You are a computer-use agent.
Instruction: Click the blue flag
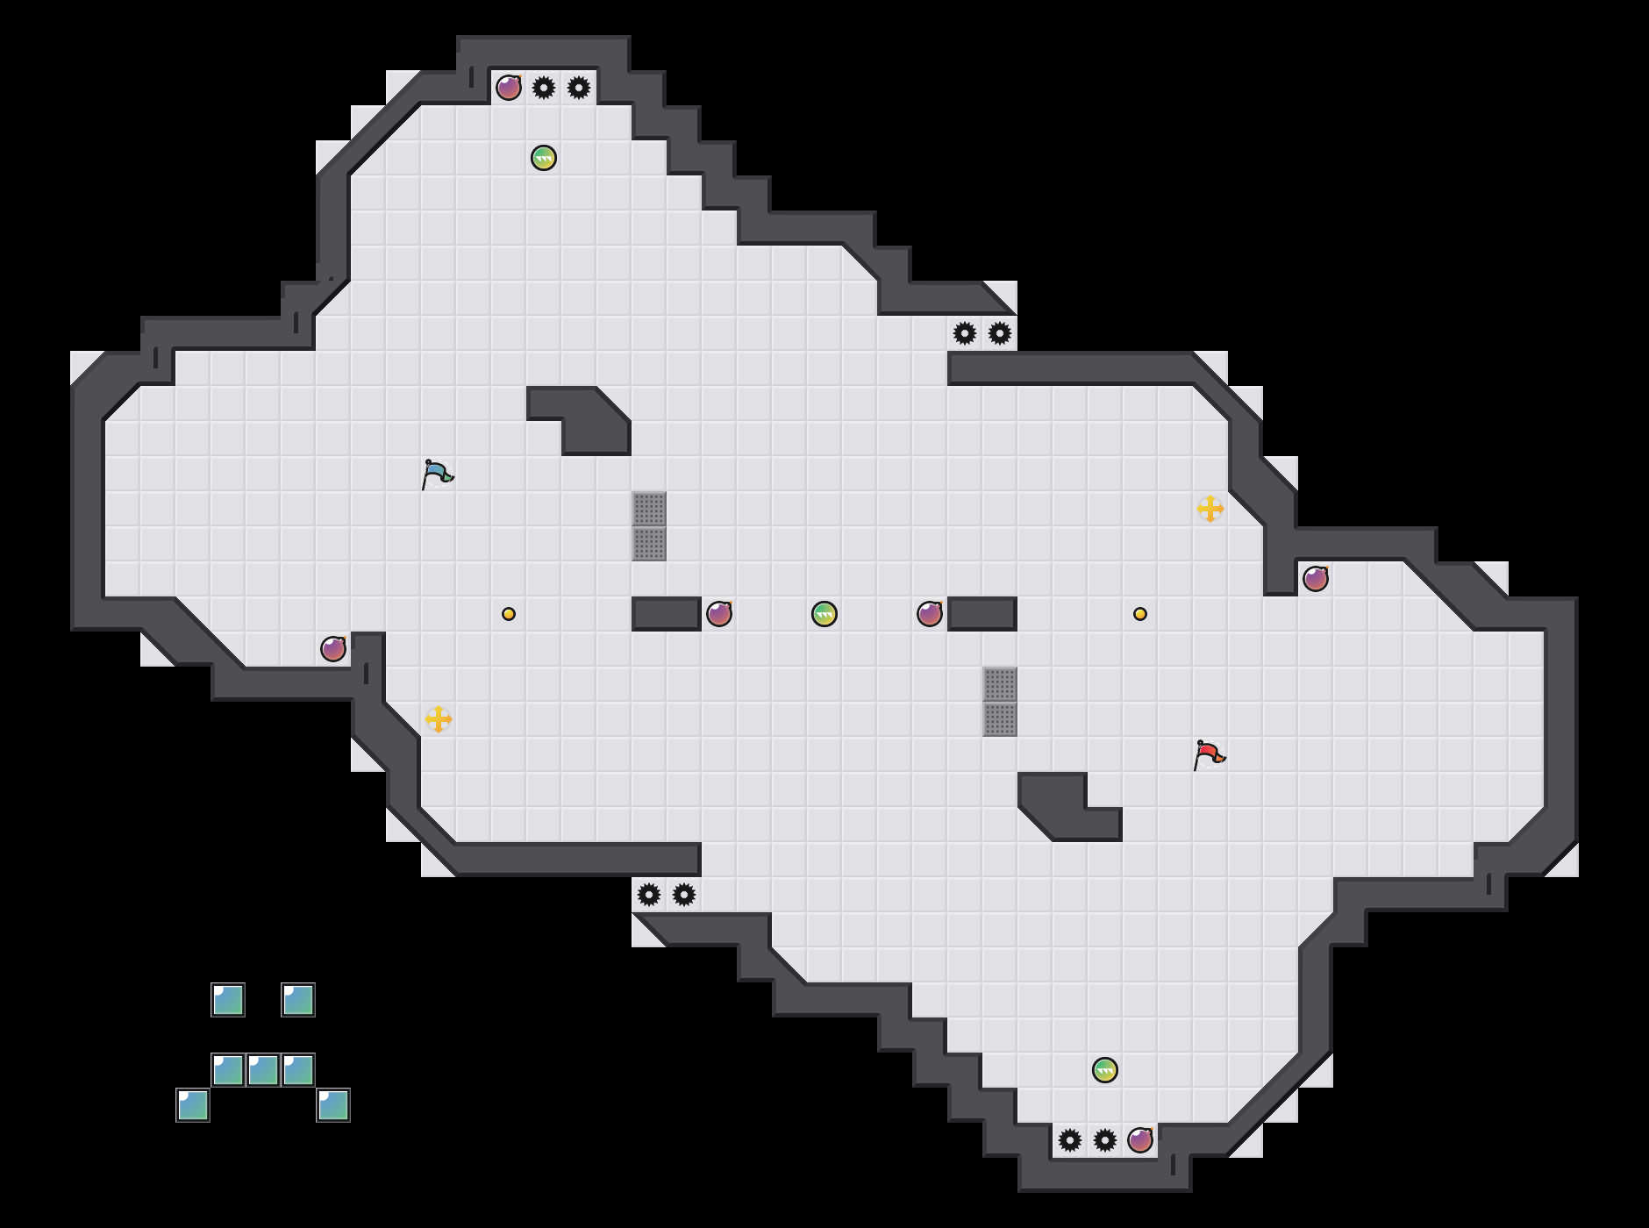436,474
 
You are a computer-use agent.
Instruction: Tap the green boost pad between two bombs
824,614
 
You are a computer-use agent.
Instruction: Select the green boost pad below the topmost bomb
544,158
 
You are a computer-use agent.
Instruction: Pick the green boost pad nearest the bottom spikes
1105,1070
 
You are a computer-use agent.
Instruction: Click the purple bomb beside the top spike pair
509,88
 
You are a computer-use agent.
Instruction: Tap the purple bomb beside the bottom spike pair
1140,1140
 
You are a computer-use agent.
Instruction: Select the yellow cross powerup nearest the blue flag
439,719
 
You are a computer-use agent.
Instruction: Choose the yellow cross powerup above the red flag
1210,509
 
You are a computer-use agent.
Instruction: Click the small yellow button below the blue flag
509,614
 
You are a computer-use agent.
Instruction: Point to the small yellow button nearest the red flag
1140,614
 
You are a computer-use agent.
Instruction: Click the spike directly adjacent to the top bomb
544,88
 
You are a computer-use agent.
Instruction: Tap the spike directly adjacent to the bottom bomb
1105,1140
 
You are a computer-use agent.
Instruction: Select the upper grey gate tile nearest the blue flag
649,509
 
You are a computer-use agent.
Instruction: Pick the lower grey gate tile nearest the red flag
1000,719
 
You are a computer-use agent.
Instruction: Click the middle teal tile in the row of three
263,1070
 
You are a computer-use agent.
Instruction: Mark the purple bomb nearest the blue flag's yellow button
333,649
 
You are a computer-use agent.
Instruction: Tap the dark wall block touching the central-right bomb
982,614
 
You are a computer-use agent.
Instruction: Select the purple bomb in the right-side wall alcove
1316,579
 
